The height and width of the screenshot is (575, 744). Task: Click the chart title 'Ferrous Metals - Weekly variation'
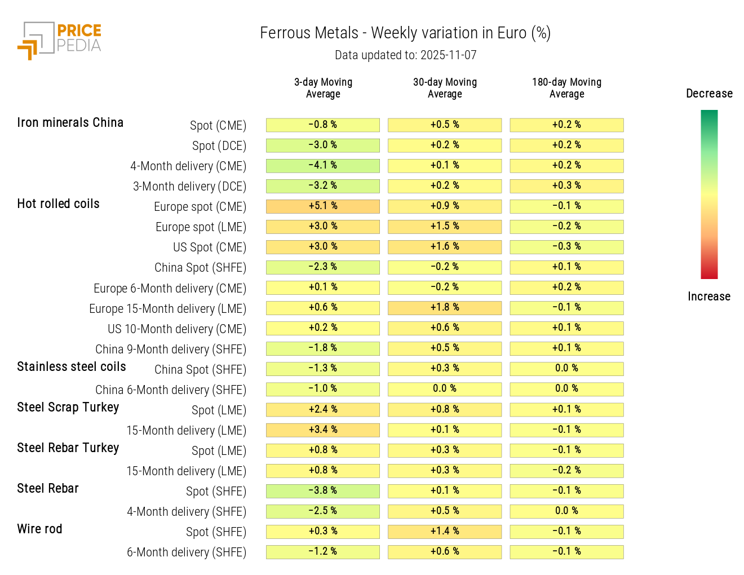point(405,33)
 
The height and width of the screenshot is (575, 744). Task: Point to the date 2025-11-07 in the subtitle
point(448,55)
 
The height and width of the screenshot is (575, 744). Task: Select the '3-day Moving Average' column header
point(323,88)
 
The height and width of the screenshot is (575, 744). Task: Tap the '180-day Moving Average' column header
point(566,88)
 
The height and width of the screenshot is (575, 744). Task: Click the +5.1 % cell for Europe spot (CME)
point(323,206)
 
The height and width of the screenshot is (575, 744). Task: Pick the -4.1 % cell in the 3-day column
point(323,166)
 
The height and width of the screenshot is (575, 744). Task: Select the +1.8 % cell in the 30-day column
point(445,308)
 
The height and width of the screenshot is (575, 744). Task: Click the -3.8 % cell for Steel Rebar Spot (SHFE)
point(323,491)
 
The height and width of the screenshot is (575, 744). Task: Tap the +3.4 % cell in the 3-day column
point(323,430)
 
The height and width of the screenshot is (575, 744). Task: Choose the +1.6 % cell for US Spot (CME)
point(445,247)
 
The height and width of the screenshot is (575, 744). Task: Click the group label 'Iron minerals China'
point(70,123)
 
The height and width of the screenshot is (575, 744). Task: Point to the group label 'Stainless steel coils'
point(72,367)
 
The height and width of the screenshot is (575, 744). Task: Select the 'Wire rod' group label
point(39,529)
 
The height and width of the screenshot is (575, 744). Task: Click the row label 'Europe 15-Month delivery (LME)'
point(167,309)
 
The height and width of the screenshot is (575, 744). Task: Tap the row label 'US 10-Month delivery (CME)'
point(177,329)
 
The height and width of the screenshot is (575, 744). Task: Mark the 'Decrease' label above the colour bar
point(709,94)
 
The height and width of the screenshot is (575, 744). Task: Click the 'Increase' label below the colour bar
point(708,297)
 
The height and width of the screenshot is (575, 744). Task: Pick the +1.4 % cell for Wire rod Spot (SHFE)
point(445,532)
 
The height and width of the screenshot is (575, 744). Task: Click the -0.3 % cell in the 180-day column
point(566,247)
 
